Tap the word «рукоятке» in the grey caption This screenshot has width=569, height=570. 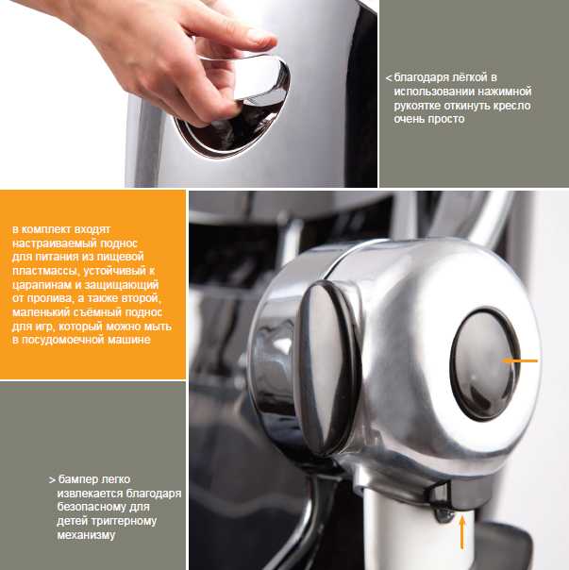(417, 106)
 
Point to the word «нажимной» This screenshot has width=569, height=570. (504, 92)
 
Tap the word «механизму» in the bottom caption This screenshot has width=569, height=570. (86, 535)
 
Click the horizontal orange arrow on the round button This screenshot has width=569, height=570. (520, 360)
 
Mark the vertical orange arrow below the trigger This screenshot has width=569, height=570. (462, 532)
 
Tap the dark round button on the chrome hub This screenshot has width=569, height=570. (485, 364)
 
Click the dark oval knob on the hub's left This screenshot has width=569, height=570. (326, 367)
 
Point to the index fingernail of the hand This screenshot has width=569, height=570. (259, 36)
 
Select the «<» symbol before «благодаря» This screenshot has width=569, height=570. (389, 78)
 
